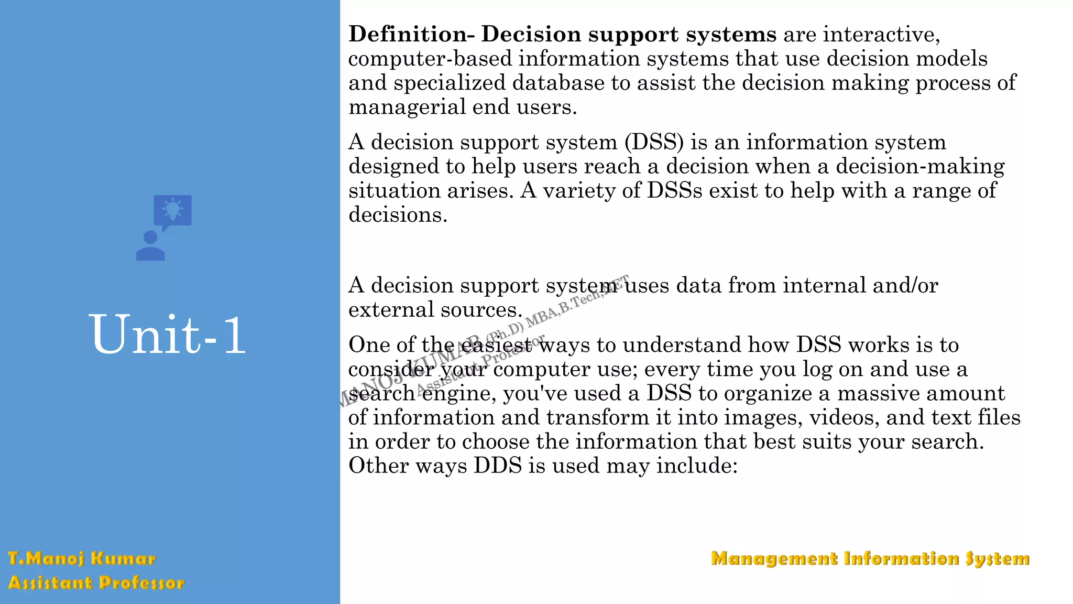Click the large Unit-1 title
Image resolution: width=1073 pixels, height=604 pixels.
click(168, 335)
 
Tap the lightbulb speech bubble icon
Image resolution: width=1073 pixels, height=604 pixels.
click(172, 211)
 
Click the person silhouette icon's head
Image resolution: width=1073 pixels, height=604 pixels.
click(150, 238)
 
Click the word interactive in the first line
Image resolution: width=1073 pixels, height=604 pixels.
click(881, 35)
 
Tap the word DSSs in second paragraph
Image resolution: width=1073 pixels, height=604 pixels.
click(674, 191)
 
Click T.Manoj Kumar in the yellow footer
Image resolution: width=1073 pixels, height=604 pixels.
click(82, 558)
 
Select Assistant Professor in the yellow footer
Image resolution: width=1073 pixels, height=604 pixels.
click(96, 583)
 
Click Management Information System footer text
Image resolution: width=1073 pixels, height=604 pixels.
click(870, 558)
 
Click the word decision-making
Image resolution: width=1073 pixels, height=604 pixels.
click(920, 167)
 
